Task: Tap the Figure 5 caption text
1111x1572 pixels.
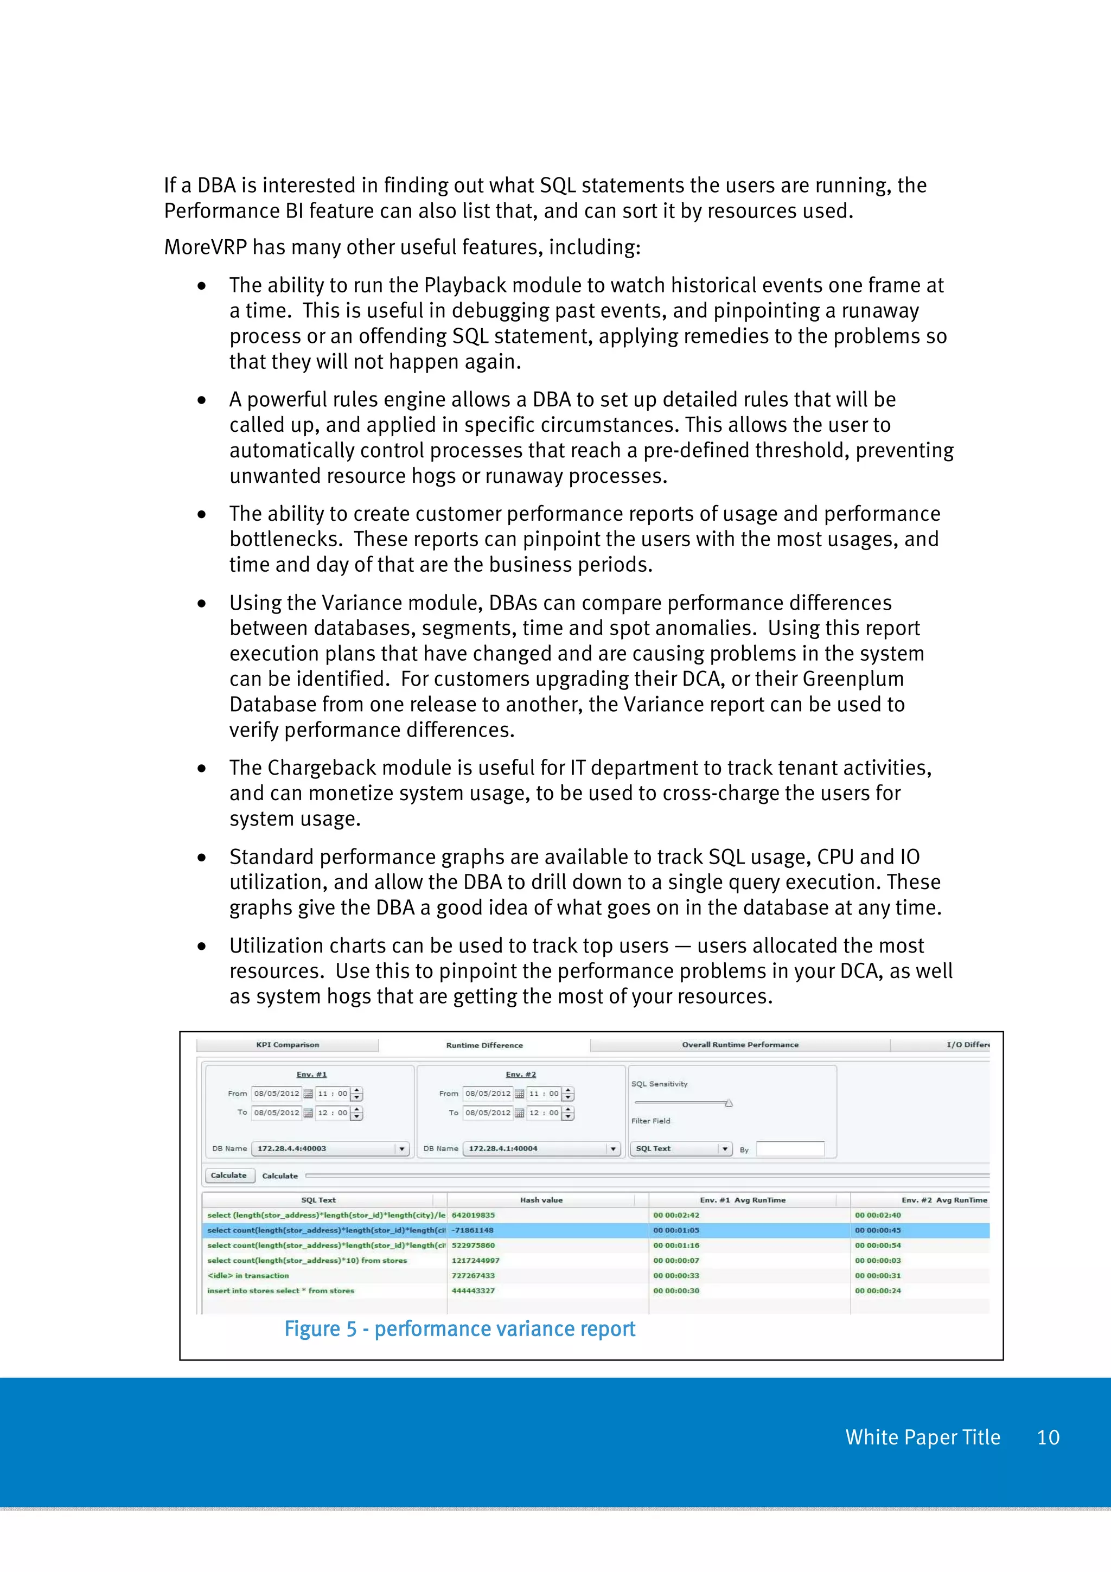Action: (x=459, y=1329)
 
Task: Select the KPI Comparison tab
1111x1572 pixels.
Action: (x=288, y=1045)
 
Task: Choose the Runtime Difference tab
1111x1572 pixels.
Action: (x=484, y=1045)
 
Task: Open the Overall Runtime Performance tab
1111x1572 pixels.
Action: (x=740, y=1045)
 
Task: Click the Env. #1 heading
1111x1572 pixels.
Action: (x=311, y=1074)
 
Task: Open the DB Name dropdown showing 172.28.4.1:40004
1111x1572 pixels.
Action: (x=541, y=1148)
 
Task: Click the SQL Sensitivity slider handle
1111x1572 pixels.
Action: (x=729, y=1103)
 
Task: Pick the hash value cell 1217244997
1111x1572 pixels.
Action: (x=476, y=1261)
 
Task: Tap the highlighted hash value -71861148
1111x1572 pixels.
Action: (x=473, y=1230)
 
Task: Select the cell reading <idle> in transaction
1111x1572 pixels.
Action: (x=248, y=1275)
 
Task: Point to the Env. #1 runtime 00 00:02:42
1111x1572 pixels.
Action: (x=676, y=1215)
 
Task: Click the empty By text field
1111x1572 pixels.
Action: (x=790, y=1149)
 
